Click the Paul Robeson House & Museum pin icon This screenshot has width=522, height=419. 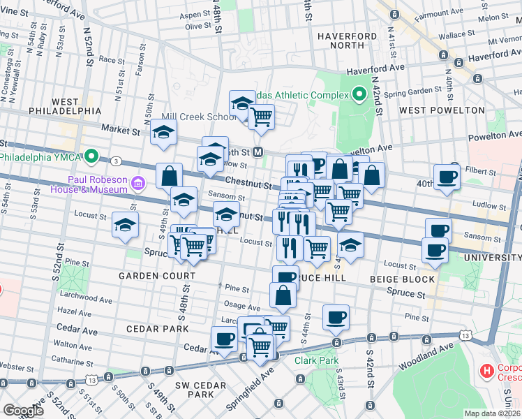[x=138, y=184]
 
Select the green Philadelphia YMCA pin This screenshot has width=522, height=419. [x=91, y=156]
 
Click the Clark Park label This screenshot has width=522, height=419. [x=315, y=361]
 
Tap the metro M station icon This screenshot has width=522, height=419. [x=258, y=152]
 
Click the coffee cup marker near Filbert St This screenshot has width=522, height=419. [x=447, y=176]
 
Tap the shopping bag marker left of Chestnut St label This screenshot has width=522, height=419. [x=169, y=176]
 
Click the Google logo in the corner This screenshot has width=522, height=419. [x=24, y=411]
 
